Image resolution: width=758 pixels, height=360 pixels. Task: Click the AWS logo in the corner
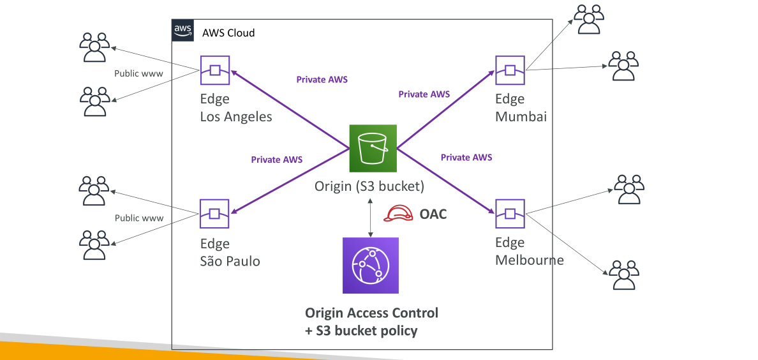[x=182, y=31]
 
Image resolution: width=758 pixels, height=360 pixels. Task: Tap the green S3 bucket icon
[x=373, y=148]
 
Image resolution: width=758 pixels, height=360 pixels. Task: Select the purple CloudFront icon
[x=370, y=265]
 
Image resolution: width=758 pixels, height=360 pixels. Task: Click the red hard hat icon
[x=398, y=213]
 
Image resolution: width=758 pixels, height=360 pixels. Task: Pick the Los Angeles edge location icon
[x=214, y=71]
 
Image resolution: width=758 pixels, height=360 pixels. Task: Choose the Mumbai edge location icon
[x=510, y=71]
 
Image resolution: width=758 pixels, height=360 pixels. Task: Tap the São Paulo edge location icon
[x=214, y=213]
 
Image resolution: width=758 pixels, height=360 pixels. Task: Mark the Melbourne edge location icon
[x=510, y=213]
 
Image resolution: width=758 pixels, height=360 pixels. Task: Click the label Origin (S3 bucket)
[x=369, y=185]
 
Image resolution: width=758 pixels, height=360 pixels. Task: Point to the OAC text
[x=433, y=213]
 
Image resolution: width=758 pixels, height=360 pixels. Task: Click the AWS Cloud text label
[x=228, y=33]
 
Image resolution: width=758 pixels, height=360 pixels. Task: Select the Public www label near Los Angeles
[x=138, y=73]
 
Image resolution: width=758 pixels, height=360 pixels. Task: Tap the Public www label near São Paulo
[x=138, y=218]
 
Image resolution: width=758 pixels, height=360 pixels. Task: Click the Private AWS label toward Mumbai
[x=424, y=94]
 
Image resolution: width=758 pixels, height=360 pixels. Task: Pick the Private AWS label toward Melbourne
[x=466, y=157]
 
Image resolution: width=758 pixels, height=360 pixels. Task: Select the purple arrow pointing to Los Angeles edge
[x=290, y=109]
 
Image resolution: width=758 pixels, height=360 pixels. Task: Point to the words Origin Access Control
[x=372, y=313]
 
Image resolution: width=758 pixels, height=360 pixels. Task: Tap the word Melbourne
[x=530, y=260]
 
